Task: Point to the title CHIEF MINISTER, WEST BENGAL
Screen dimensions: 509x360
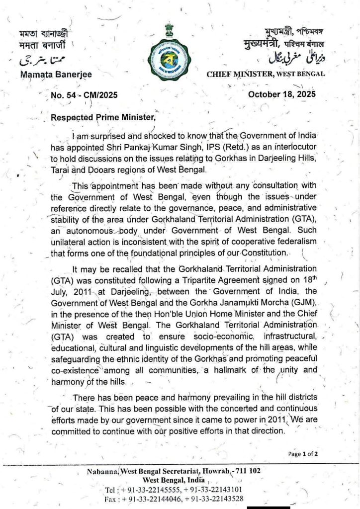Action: [266, 74]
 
